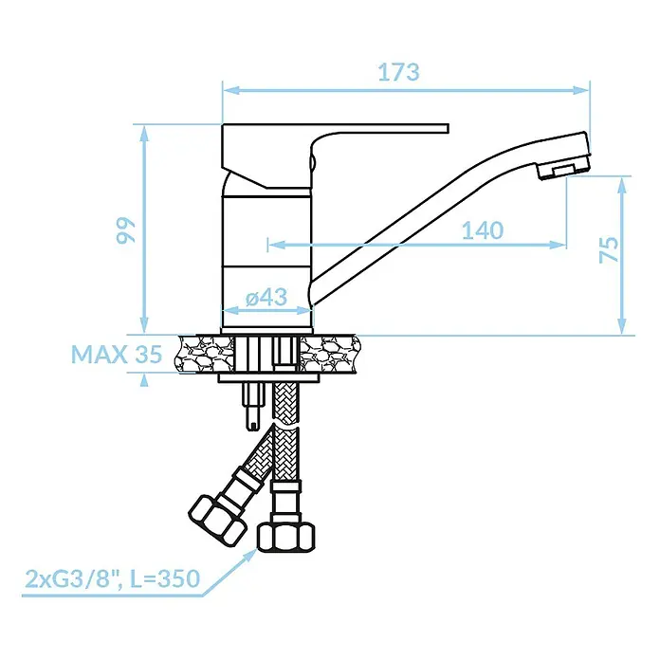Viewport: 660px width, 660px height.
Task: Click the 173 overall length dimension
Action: coord(398,72)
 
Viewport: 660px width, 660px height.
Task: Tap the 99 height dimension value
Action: coord(126,229)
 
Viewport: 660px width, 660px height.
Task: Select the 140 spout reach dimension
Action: coord(483,230)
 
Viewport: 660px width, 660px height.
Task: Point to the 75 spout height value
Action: coord(609,250)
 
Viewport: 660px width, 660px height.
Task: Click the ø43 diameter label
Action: coord(266,297)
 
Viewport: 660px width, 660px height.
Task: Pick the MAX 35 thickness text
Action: coord(117,354)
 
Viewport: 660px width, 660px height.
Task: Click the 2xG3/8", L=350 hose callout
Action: coord(113,578)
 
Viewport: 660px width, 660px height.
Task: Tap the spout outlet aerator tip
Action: coord(563,170)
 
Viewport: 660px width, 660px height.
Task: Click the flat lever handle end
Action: coord(446,128)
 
